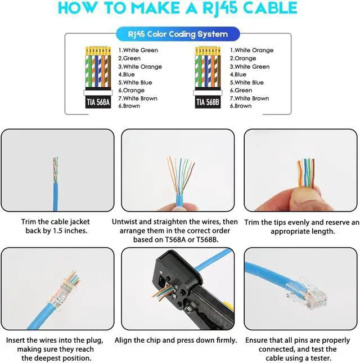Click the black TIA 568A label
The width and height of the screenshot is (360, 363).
pos(98,102)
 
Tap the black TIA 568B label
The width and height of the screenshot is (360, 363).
pos(208,102)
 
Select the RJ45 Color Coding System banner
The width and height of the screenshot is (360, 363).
pos(178,34)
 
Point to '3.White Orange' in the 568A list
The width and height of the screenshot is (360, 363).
pos(140,66)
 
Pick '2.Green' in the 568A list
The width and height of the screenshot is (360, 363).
pos(129,59)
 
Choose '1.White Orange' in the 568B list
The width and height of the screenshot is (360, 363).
pos(251,50)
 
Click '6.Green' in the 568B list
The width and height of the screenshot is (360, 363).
pos(241,90)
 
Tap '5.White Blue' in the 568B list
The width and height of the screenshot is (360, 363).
pos(246,82)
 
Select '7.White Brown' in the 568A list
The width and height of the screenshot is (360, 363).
pos(138,98)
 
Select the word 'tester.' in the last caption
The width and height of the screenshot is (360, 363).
pos(320,358)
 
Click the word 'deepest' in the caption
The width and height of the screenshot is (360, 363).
pos(48,358)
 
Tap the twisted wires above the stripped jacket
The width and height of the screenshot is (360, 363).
pos(55,170)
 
